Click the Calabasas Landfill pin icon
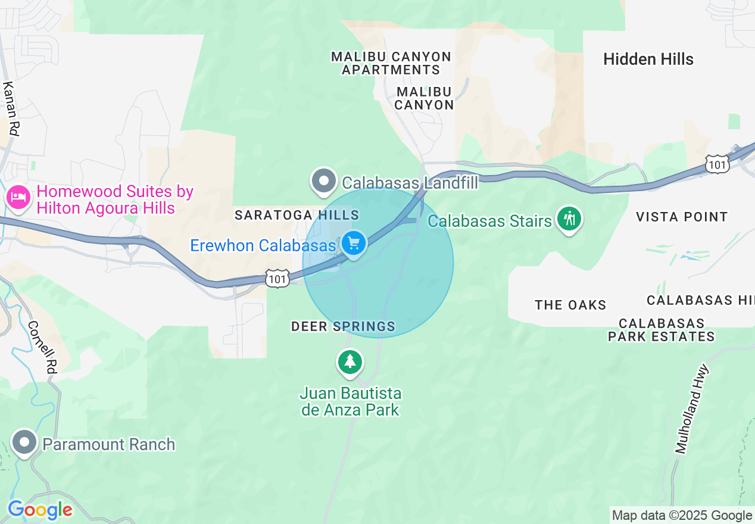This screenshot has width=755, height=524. [x=324, y=180]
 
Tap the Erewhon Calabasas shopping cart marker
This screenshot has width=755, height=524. [x=354, y=244]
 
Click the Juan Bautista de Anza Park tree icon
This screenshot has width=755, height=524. [x=350, y=361]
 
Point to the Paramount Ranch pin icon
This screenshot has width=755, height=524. [x=24, y=442]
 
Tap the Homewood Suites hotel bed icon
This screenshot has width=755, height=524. [x=18, y=197]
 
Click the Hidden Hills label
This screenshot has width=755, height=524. [x=648, y=60]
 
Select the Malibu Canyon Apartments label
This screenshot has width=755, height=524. [x=391, y=63]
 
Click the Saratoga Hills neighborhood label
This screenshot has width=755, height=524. [x=297, y=215]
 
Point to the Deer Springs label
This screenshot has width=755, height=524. [x=343, y=326]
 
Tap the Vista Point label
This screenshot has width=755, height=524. [x=682, y=217]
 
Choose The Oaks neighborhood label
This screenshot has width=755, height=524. [x=570, y=305]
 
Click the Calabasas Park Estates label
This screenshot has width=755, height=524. [x=661, y=330]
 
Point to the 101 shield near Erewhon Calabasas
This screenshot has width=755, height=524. [x=278, y=278]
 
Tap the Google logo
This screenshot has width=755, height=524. [x=40, y=510]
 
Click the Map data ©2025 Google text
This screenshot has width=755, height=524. [x=682, y=516]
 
